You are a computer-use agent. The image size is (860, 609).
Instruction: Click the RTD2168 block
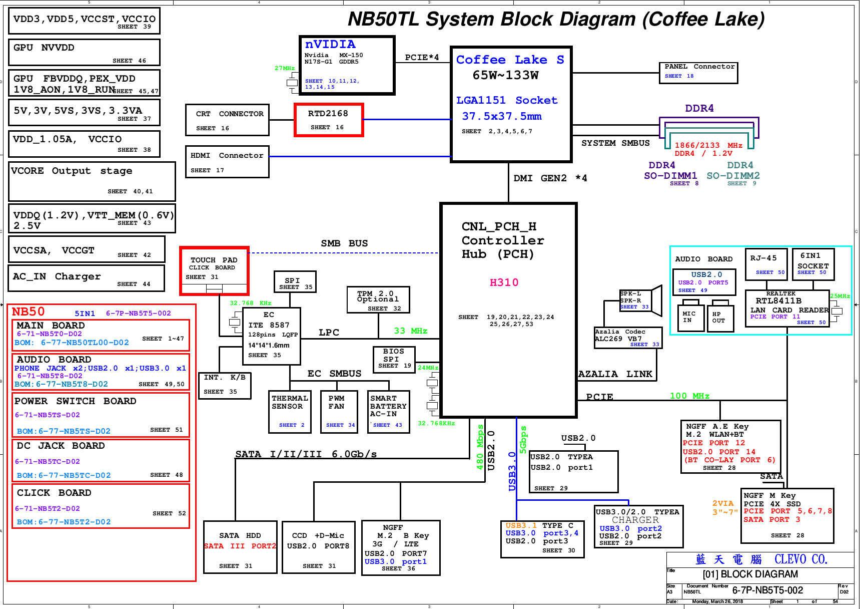coord(329,120)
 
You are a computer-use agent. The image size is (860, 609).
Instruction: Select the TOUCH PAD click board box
coord(214,271)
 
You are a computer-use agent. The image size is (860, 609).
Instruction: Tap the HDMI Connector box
coord(227,162)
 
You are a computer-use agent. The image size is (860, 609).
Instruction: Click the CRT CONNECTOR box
coord(227,120)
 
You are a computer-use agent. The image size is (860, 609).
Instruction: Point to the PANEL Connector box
coord(699,73)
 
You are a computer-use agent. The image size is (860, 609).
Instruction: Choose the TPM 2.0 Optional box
coord(379,300)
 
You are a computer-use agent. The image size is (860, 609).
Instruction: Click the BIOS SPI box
coord(394,359)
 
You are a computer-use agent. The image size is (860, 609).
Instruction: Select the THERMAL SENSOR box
coord(289,412)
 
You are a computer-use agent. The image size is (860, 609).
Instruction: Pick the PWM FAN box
coord(339,412)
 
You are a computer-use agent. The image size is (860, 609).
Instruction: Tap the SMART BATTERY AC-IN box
coord(388,412)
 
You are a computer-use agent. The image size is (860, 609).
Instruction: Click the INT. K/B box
coord(225,385)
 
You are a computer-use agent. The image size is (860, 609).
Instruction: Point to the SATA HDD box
coord(240,547)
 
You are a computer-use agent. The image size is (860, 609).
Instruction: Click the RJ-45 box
coord(766,264)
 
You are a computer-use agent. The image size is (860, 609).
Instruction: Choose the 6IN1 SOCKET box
coord(813,264)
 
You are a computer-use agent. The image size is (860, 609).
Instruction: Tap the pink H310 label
coord(504,282)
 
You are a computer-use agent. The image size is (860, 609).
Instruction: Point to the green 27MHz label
coord(285,68)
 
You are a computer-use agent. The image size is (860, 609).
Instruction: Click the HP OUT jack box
coord(720,319)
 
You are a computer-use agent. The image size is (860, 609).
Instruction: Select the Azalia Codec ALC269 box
coord(628,338)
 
